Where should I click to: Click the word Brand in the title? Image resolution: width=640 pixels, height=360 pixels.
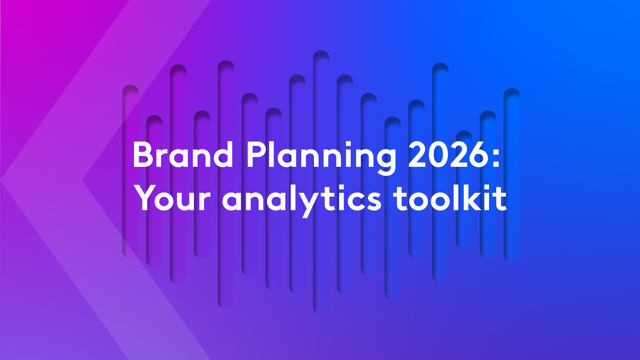pos(183,155)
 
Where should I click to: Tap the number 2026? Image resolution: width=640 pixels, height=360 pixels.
pos(449,155)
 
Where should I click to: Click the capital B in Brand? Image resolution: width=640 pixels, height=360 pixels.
pos(143,155)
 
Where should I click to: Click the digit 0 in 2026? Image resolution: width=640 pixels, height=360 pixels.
pos(438,155)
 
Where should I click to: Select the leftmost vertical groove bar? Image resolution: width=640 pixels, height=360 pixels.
pos(130,172)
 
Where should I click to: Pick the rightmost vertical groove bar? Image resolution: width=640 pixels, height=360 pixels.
pos(512,175)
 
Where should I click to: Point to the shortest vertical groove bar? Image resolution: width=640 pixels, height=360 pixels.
pos(464,190)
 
